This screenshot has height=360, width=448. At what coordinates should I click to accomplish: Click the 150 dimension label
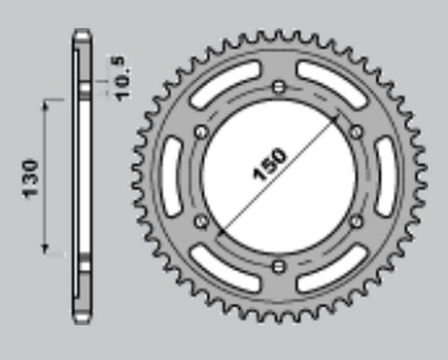pyautogui.click(x=269, y=165)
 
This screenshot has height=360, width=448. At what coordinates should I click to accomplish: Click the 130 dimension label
pyautogui.click(x=31, y=179)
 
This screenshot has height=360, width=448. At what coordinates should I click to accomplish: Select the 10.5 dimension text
pyautogui.click(x=120, y=79)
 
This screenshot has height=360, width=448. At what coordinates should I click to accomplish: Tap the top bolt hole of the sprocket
pyautogui.click(x=279, y=88)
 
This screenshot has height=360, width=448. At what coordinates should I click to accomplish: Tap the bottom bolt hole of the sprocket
pyautogui.click(x=279, y=266)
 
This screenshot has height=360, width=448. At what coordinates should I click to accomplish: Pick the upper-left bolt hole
pyautogui.click(x=201, y=132)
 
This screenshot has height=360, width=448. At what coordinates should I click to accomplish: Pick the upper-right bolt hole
pyautogui.click(x=356, y=132)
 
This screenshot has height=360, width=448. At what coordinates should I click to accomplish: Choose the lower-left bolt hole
pyautogui.click(x=201, y=221)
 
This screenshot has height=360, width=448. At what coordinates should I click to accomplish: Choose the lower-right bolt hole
pyautogui.click(x=356, y=221)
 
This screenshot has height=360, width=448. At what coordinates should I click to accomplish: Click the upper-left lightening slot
pyautogui.click(x=225, y=84)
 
